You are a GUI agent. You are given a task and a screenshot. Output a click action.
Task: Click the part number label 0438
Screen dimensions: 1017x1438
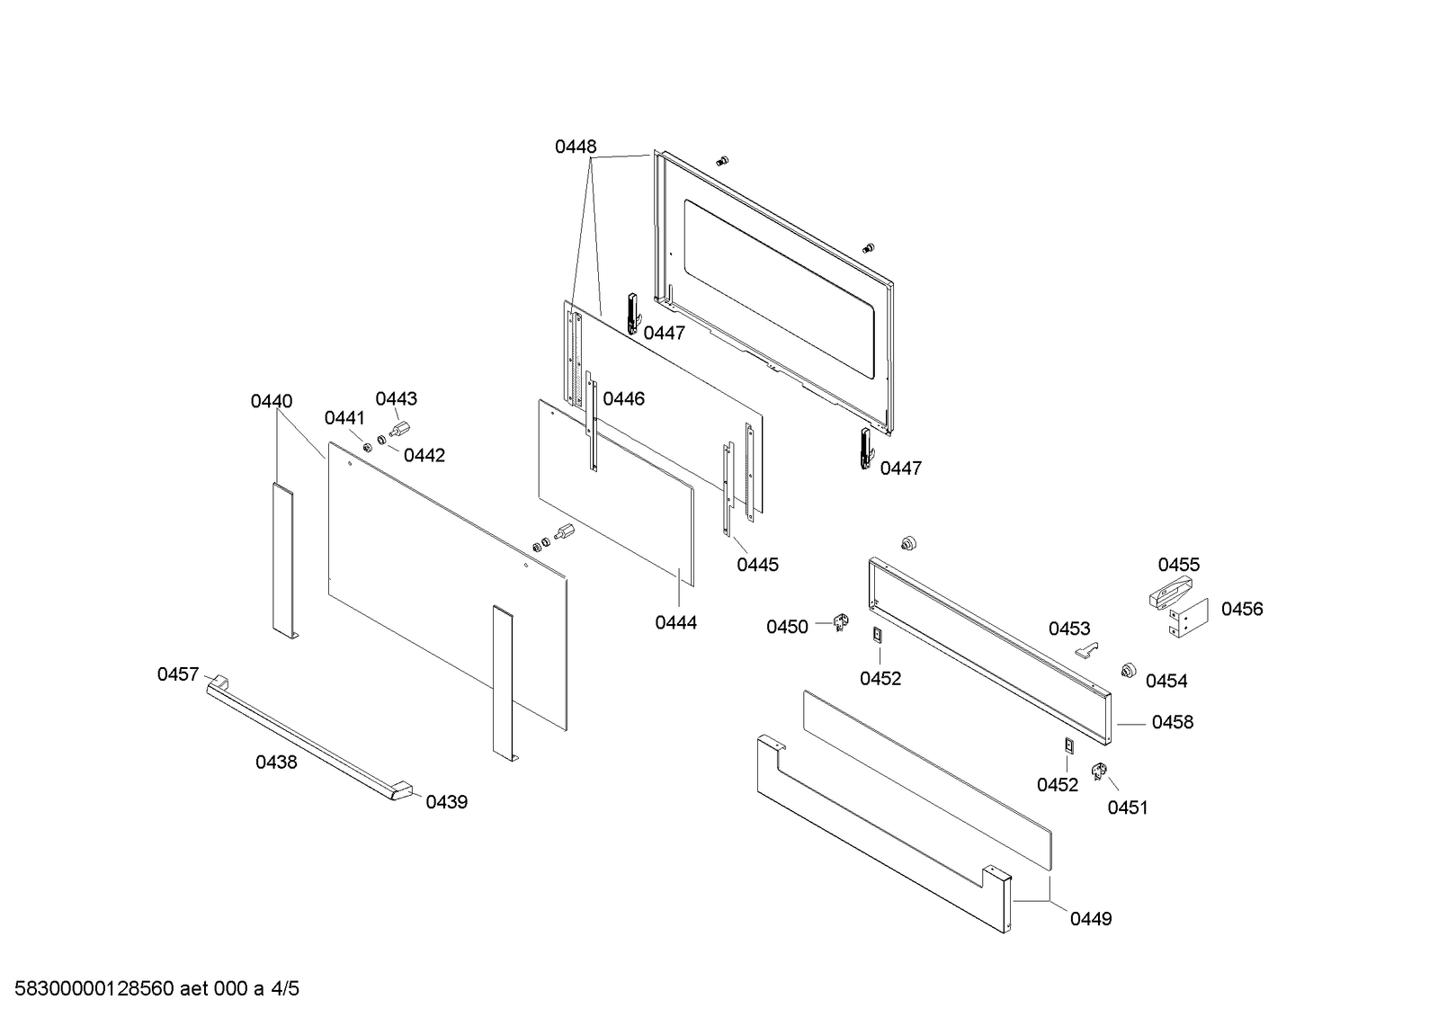point(276,763)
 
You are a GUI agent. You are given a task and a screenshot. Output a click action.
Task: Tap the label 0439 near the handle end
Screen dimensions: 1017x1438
point(446,802)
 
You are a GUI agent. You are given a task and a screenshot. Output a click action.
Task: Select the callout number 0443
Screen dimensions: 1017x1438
point(396,398)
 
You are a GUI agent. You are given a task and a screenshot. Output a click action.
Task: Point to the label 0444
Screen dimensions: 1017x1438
point(675,622)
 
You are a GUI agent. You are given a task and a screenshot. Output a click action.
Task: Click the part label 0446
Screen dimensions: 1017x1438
point(623,398)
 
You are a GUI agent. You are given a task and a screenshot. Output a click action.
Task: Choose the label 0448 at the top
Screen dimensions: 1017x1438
point(576,147)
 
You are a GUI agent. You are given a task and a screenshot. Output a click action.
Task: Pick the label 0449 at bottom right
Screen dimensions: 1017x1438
point(1091,918)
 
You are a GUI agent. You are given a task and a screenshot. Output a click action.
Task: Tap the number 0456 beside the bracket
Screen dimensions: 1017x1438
point(1242,609)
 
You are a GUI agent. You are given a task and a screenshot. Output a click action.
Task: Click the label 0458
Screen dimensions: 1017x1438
point(1173,722)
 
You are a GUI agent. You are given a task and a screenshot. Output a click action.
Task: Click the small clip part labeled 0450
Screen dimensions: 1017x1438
point(842,620)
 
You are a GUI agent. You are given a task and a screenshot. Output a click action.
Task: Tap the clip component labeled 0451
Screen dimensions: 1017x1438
point(1098,771)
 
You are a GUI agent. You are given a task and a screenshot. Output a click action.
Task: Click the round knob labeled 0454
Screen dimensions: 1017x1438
point(1125,670)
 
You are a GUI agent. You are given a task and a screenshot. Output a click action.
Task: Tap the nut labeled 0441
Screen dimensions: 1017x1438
point(367,447)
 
